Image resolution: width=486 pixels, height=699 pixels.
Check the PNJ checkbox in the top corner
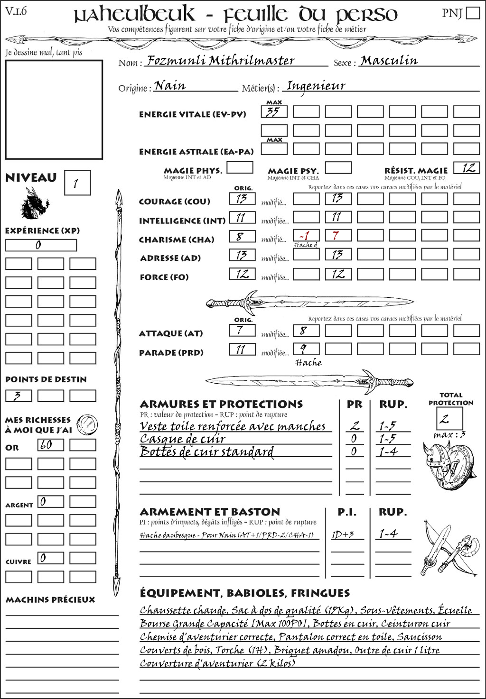(473, 12)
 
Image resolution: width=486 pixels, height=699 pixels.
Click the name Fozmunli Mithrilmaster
(221, 61)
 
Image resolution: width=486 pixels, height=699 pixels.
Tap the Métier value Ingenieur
(316, 86)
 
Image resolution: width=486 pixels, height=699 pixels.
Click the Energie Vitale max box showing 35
(274, 112)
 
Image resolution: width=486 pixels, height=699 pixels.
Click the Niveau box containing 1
(77, 183)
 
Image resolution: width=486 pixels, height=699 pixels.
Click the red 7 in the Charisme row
(337, 236)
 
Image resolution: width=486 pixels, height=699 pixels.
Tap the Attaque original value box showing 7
(242, 330)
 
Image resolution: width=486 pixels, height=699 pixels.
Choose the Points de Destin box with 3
(19, 395)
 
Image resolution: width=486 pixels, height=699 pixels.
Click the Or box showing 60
(50, 445)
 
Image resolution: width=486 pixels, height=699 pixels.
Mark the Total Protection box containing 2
(449, 418)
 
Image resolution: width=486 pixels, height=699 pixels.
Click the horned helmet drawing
(434, 460)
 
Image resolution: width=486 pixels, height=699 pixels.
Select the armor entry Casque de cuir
(183, 439)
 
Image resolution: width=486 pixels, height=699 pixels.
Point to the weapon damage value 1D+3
(343, 534)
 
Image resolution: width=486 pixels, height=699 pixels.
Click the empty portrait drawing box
(54, 110)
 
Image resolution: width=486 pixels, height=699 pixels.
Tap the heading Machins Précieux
(50, 600)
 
